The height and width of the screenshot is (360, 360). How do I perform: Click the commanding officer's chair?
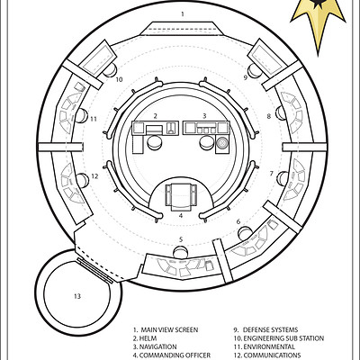tap(181, 195)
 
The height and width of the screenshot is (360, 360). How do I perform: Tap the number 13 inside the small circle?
tap(77, 296)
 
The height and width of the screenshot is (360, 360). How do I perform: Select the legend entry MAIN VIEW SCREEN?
tap(166, 330)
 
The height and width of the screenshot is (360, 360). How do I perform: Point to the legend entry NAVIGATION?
tap(155, 346)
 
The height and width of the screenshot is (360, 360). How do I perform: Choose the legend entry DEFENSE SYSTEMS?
tap(265, 330)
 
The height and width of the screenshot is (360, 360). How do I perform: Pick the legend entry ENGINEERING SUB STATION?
tap(279, 338)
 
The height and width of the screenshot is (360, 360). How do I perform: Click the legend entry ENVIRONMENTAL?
tap(265, 346)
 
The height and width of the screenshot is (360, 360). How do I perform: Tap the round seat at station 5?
tap(181, 252)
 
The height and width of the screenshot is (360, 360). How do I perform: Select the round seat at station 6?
tap(245, 234)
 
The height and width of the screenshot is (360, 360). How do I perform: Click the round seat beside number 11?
tap(81, 116)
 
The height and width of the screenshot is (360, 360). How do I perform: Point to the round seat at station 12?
tap(82, 180)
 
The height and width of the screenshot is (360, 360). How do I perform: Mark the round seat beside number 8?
tap(282, 112)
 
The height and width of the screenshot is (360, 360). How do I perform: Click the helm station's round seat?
tap(155, 142)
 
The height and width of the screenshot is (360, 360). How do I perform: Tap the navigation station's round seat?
tap(207, 142)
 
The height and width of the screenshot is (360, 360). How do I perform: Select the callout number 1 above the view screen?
tap(183, 13)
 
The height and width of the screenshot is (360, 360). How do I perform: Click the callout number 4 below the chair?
tap(181, 215)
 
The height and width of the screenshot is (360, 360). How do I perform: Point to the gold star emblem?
tap(318, 21)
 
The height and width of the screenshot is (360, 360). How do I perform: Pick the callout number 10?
tap(119, 79)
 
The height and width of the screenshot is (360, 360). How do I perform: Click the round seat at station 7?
tap(283, 178)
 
